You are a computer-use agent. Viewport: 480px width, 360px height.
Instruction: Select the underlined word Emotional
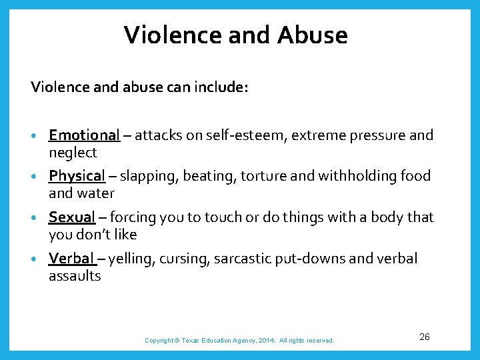84,135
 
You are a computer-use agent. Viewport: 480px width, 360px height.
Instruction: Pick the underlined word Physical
77,176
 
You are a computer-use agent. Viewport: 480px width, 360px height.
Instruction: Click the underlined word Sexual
72,217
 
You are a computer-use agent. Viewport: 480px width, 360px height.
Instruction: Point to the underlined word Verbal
72,259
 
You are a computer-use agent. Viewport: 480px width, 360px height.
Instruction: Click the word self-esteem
238,135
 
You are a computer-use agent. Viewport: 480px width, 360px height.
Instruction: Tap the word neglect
73,153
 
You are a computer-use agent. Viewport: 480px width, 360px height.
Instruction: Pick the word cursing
183,259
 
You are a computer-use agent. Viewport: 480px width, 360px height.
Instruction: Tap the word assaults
75,275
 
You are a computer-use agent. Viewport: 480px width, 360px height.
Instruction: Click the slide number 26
425,337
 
